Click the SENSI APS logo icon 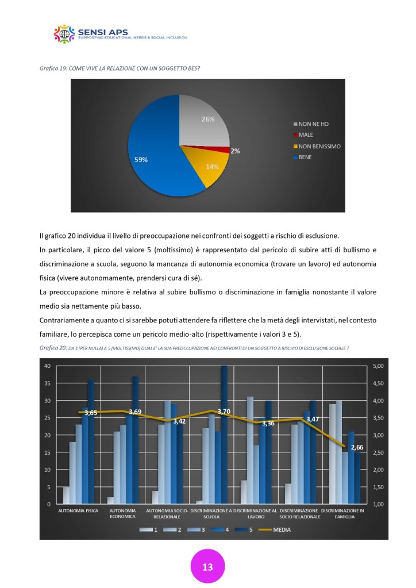pos(64,34)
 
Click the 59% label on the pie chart pos(141,160)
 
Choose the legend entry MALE pos(306,134)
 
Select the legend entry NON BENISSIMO pos(319,146)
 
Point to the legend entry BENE pos(305,157)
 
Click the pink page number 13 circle pos(207,567)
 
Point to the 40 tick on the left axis pos(48,366)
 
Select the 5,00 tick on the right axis pos(379,366)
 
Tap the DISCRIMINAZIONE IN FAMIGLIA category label pos(342,513)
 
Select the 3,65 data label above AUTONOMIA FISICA pos(91,413)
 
